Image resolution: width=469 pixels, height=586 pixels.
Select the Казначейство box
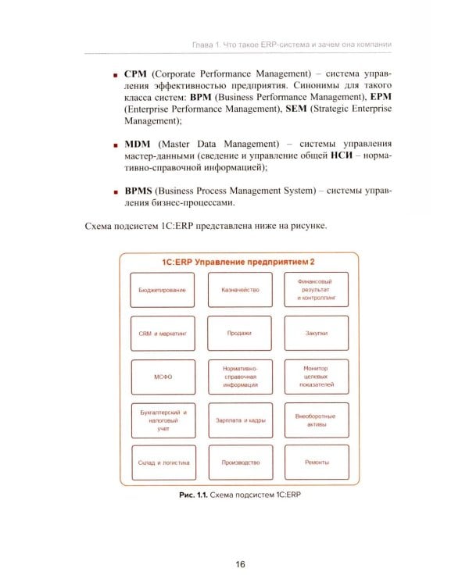coord(239,290)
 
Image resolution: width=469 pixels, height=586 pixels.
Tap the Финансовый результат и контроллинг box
coord(317,290)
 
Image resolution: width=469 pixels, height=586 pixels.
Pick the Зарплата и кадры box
coord(239,420)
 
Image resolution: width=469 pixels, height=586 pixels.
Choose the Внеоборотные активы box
coord(317,420)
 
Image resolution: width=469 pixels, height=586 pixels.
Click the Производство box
coord(239,463)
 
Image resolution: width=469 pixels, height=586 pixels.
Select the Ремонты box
coord(317,463)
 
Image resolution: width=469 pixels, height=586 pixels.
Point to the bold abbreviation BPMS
coord(141,190)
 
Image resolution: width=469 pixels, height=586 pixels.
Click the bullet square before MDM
coord(116,145)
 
